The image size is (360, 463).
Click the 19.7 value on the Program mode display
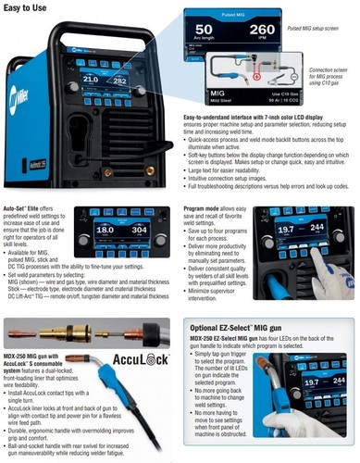288,256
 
